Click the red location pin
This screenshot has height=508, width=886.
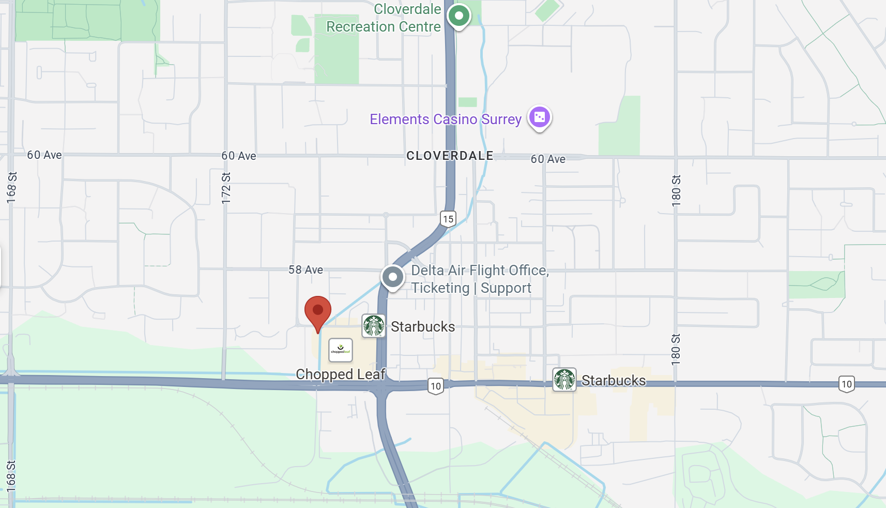coord(318,311)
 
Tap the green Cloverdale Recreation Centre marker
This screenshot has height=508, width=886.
coord(459,16)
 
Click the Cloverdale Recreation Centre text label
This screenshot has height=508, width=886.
coord(384,18)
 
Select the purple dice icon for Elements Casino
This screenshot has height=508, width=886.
coord(539,117)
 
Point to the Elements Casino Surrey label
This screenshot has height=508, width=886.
coord(446,119)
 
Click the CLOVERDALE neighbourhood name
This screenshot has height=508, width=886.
coord(450,156)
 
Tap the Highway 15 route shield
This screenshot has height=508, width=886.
coord(448,219)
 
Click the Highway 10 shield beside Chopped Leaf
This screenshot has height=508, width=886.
coord(436,386)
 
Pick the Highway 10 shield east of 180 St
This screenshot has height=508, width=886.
coord(846,384)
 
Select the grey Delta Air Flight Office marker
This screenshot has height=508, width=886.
coord(393,277)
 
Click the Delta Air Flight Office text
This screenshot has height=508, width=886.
coord(479,279)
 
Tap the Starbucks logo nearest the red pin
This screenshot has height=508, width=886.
coord(373,326)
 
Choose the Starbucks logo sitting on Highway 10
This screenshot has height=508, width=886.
coord(564,380)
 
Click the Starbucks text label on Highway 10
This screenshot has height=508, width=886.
coord(614,381)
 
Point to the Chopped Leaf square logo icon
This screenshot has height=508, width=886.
coord(341,350)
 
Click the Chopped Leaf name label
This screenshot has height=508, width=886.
coord(341,374)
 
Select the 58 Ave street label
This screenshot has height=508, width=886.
coord(305,270)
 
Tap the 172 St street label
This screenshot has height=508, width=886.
coord(226,188)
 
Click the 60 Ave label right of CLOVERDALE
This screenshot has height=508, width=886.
coord(548,159)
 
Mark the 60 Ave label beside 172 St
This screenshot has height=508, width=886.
coord(239,156)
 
